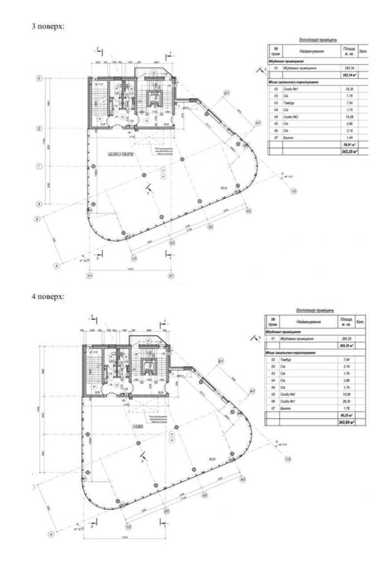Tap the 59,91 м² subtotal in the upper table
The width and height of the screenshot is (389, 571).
click(349, 143)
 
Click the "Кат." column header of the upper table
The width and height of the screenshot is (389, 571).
click(363, 50)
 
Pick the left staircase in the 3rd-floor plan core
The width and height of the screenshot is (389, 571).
click(99, 101)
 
